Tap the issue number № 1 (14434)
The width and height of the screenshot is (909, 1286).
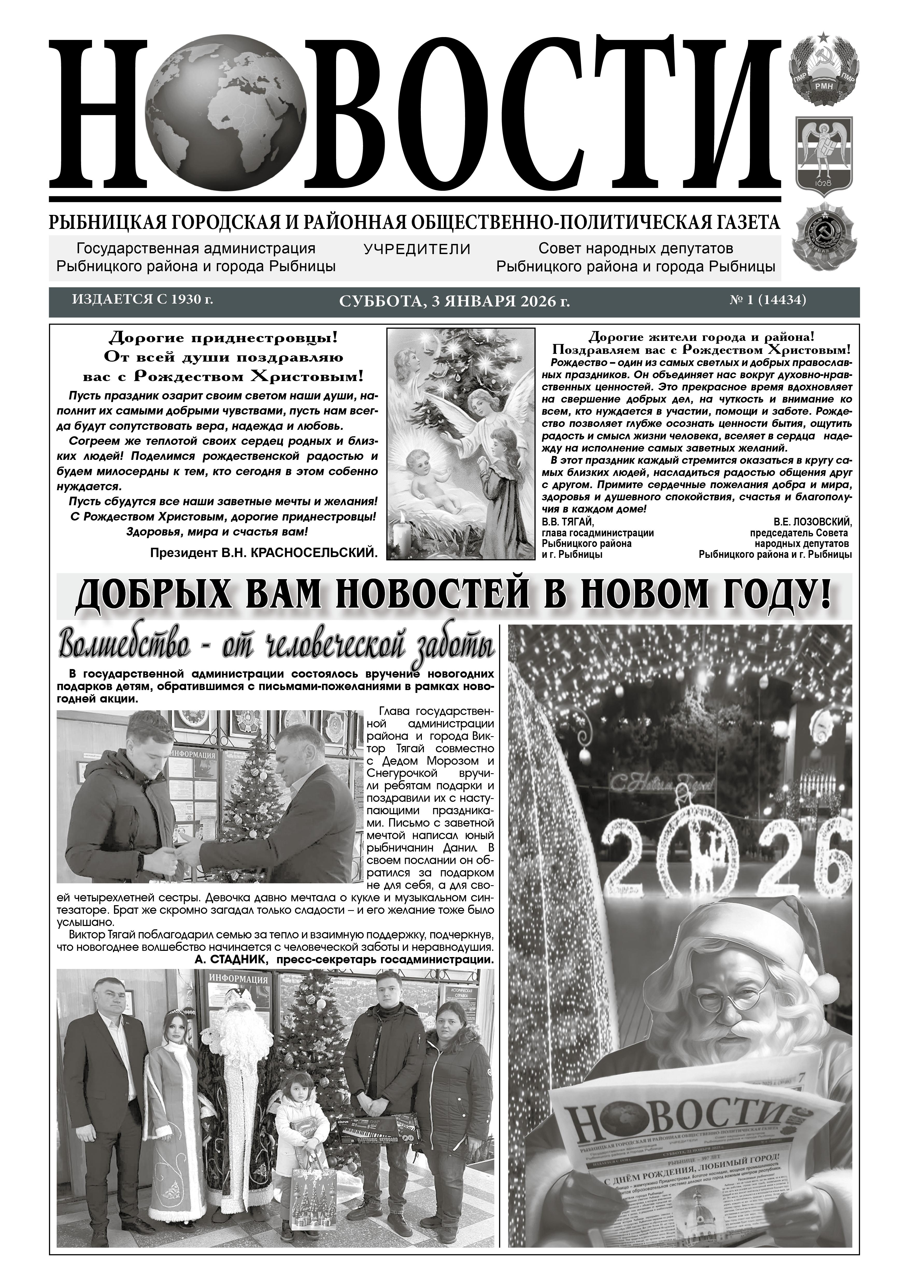pos(767,300)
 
